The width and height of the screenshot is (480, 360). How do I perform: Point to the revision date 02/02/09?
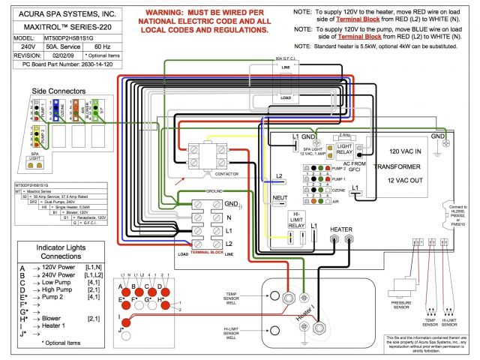tap(57, 55)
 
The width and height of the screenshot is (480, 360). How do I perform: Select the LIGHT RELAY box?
tap(344, 150)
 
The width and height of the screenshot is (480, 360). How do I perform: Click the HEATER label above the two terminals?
tap(340, 229)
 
